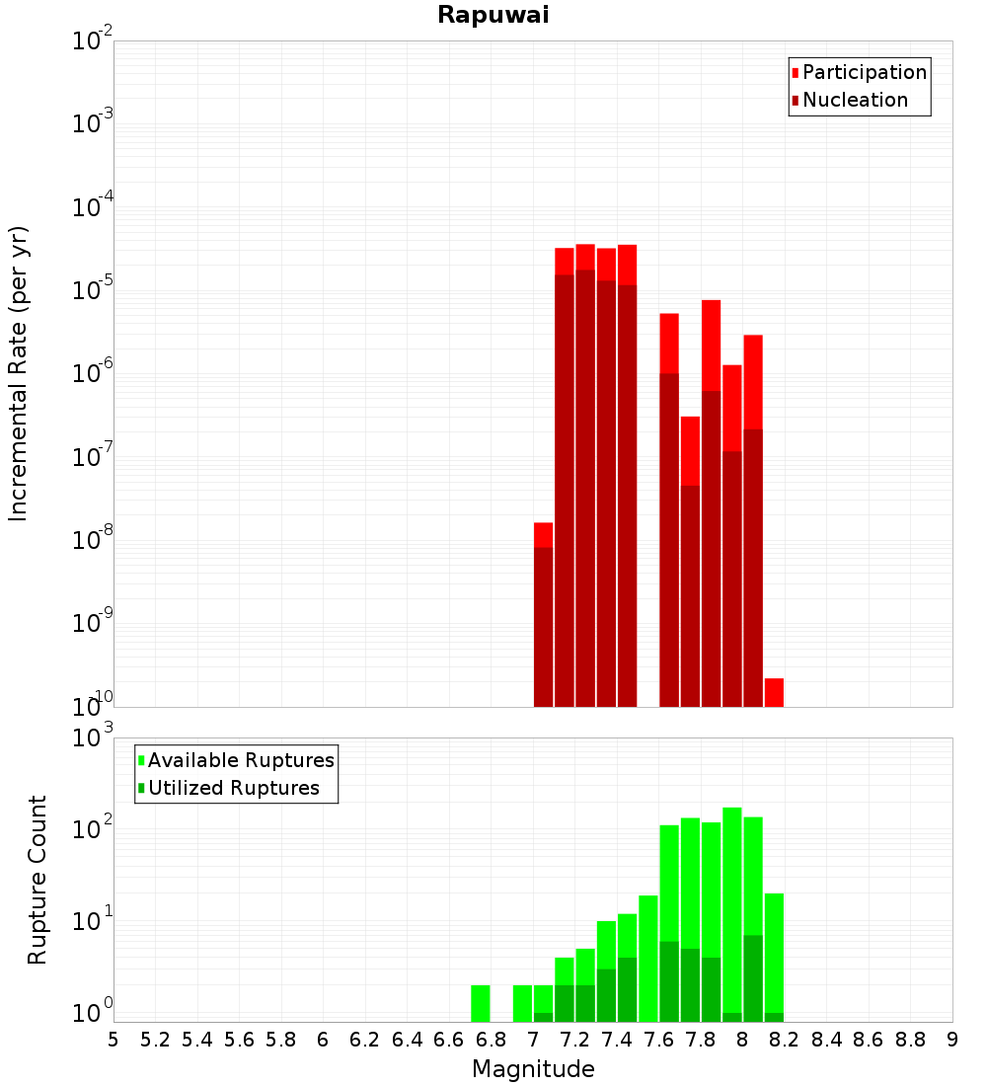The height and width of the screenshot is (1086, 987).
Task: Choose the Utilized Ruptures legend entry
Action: (x=232, y=788)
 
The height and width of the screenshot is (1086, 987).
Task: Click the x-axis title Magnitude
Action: (x=533, y=1069)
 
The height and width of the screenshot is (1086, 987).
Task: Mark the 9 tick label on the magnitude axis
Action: (x=952, y=1040)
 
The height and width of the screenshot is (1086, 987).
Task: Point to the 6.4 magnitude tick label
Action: (x=407, y=1040)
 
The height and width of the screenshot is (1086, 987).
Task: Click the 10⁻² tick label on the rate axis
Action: (x=93, y=41)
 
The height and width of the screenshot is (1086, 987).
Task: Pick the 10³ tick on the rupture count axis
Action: (x=93, y=738)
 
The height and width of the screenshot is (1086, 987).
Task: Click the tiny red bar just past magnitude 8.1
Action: (x=774, y=692)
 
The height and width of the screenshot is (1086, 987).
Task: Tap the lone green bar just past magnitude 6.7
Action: (x=481, y=1003)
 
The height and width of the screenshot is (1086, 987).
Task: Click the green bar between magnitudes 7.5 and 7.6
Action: (x=648, y=958)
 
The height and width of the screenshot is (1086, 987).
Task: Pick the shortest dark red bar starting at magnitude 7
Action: (x=543, y=627)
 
